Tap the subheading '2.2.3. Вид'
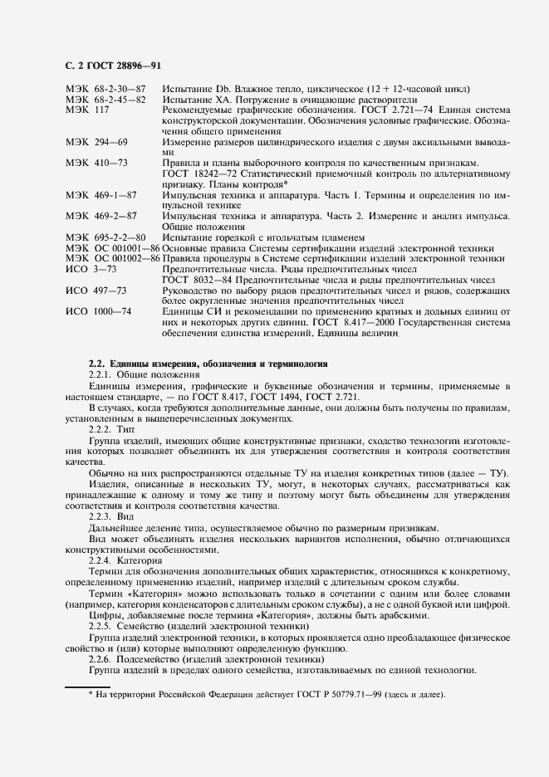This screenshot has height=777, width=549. pos(111,516)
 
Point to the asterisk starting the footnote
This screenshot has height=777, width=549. pos(91,694)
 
